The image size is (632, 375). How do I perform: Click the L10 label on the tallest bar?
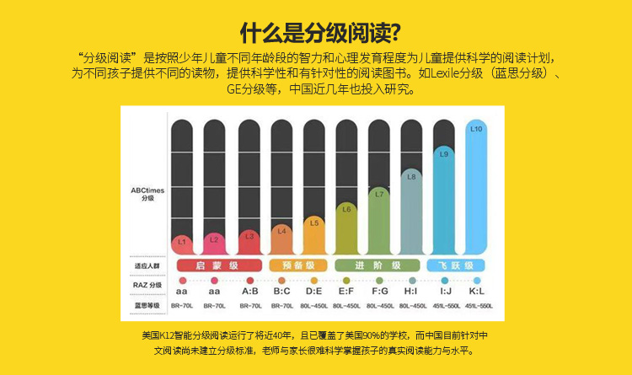pyautogui.click(x=476, y=130)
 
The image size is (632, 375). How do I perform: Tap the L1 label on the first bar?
pyautogui.click(x=181, y=242)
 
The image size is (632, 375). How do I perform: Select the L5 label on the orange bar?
pyautogui.click(x=313, y=223)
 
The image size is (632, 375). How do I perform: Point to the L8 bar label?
pyautogui.click(x=411, y=177)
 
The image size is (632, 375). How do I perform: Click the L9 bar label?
pyautogui.click(x=444, y=154)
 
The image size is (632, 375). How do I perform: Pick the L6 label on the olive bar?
pyautogui.click(x=345, y=208)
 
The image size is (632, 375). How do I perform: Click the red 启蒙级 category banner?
pyautogui.click(x=216, y=265)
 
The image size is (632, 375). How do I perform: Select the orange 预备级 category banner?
pyautogui.click(x=297, y=265)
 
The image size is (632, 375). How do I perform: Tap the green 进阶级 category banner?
pyautogui.click(x=378, y=265)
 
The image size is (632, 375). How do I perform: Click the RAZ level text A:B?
pyautogui.click(x=249, y=292)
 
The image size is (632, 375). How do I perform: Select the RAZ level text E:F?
pyautogui.click(x=345, y=292)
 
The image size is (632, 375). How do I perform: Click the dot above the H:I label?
pyautogui.click(x=411, y=280)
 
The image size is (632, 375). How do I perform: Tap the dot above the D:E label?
pyautogui.click(x=313, y=280)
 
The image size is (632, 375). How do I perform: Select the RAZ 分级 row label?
pyautogui.click(x=147, y=285)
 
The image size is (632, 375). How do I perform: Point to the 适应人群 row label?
pyautogui.click(x=147, y=266)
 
